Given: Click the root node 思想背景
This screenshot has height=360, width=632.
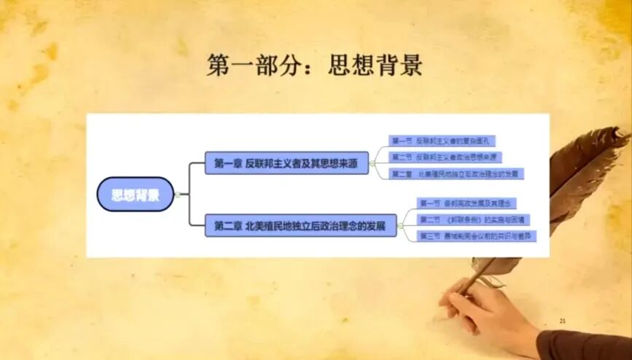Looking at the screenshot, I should point(136,195).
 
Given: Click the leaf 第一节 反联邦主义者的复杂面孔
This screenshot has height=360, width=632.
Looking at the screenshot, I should point(444,141).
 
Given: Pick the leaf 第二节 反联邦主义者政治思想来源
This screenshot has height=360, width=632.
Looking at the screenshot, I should point(445,157).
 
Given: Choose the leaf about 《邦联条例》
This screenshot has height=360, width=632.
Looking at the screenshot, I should point(473,219).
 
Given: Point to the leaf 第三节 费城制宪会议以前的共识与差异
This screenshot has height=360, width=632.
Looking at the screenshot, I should point(477,236).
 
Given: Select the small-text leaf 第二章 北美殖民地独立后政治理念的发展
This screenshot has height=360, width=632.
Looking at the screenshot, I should point(456,174).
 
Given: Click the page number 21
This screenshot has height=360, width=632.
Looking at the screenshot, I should point(562,321).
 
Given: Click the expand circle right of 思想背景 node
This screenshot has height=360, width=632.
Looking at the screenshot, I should point(177,195).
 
